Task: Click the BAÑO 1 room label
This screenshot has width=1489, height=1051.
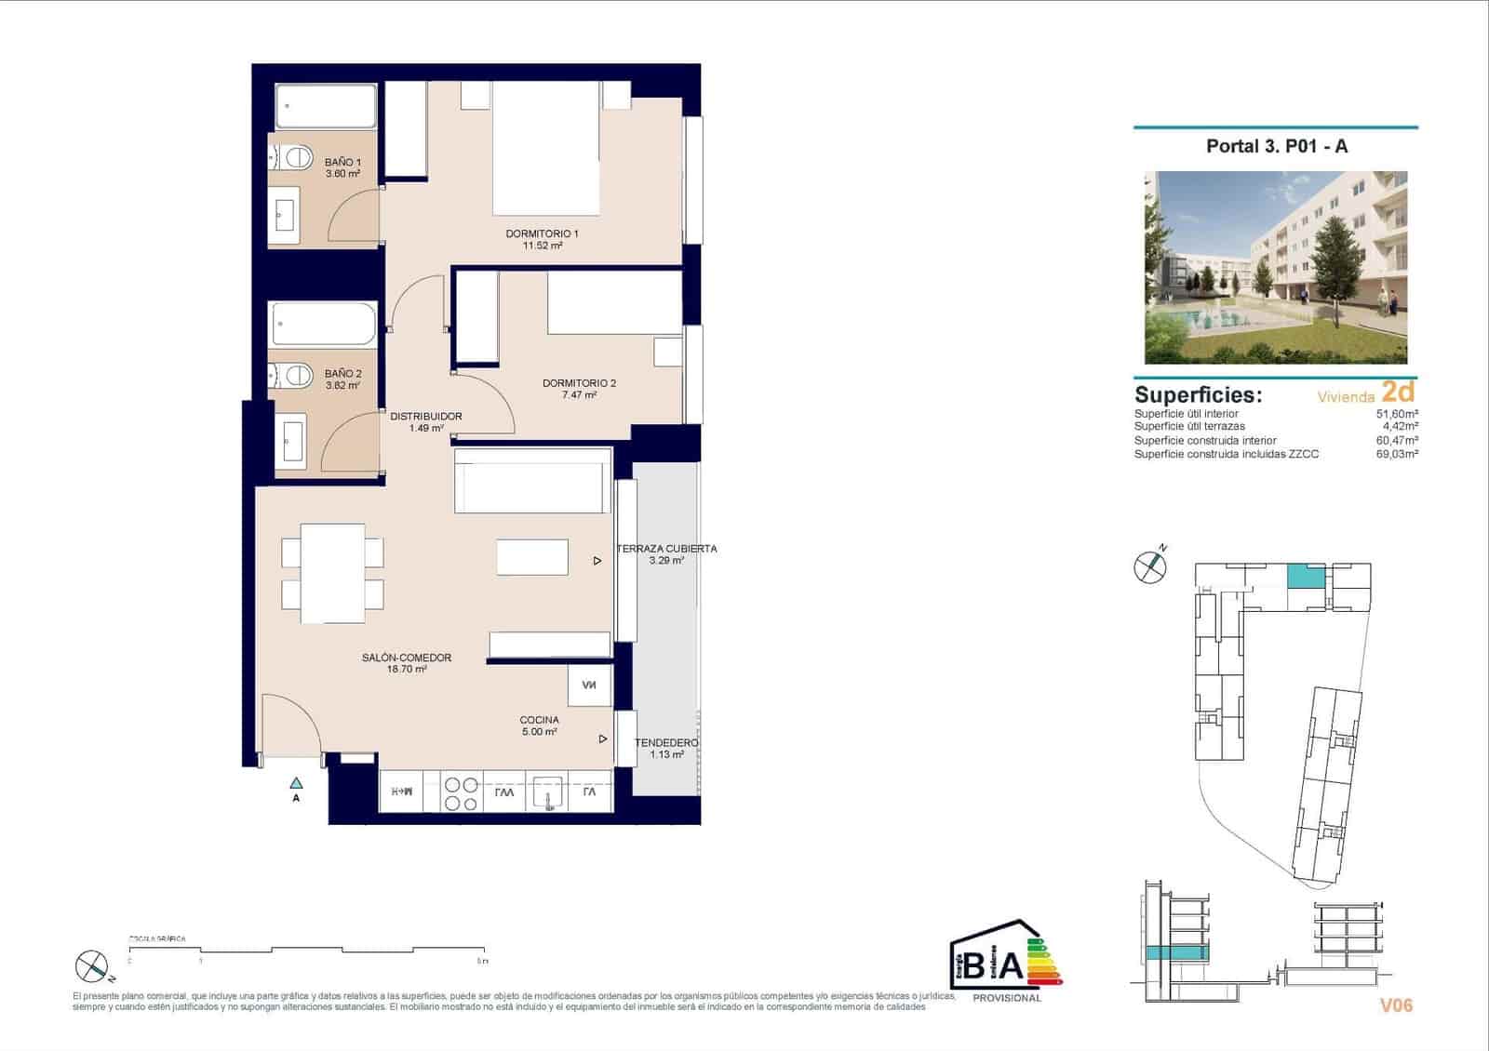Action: point(342,162)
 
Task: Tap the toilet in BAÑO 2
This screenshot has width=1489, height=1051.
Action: point(296,376)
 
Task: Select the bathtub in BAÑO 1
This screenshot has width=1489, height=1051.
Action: point(326,107)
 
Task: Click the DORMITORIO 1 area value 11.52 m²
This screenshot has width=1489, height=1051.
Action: point(543,246)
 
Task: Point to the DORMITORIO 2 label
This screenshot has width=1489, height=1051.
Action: point(579,383)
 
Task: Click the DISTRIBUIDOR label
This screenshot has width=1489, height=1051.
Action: point(425,417)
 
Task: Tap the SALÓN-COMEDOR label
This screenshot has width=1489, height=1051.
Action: point(407,658)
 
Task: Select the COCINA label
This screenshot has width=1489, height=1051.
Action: point(539,720)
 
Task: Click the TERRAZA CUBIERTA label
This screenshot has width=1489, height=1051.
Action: point(666,549)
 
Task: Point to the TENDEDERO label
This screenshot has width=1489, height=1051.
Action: point(666,743)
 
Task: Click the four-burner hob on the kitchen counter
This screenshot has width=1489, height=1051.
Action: point(462,793)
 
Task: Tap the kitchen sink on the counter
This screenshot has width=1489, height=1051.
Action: point(544,793)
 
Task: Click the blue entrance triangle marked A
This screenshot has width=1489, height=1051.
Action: point(296,783)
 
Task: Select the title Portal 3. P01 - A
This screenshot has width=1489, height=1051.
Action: point(1276,146)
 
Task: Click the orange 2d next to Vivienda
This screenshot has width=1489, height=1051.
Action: point(1398,392)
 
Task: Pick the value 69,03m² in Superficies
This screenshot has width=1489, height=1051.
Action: point(1396,455)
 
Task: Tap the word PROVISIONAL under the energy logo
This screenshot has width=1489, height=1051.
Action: point(1006,998)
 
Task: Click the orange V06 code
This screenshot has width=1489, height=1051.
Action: point(1396,1005)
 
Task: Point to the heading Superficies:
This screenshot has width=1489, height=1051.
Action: point(1198,394)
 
